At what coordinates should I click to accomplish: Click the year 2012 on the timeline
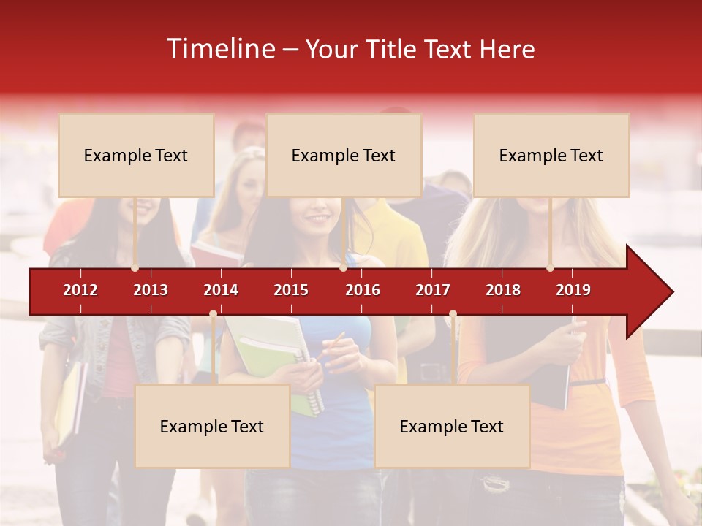pos(80,290)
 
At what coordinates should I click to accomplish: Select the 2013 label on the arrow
pos(151,290)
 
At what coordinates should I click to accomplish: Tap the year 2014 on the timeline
pos(221,290)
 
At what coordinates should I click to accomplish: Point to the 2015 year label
pos(291,290)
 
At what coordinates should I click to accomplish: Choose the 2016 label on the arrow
pos(363,290)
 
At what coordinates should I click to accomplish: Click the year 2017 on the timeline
pos(433,290)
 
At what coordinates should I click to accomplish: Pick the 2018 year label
pos(503,290)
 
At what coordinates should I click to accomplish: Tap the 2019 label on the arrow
pos(573,290)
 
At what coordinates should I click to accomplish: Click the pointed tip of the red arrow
pos(671,292)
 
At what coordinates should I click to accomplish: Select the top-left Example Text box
pos(136,156)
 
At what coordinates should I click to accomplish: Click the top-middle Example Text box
pos(344,156)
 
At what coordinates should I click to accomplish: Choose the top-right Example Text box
pos(551,156)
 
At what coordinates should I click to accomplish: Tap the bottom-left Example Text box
pos(212,427)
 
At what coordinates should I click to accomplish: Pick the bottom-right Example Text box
pos(452,427)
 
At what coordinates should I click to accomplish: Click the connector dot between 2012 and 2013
pos(135,268)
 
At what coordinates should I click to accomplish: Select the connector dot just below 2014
pos(213,314)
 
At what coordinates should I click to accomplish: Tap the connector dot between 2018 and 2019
pos(551,268)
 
